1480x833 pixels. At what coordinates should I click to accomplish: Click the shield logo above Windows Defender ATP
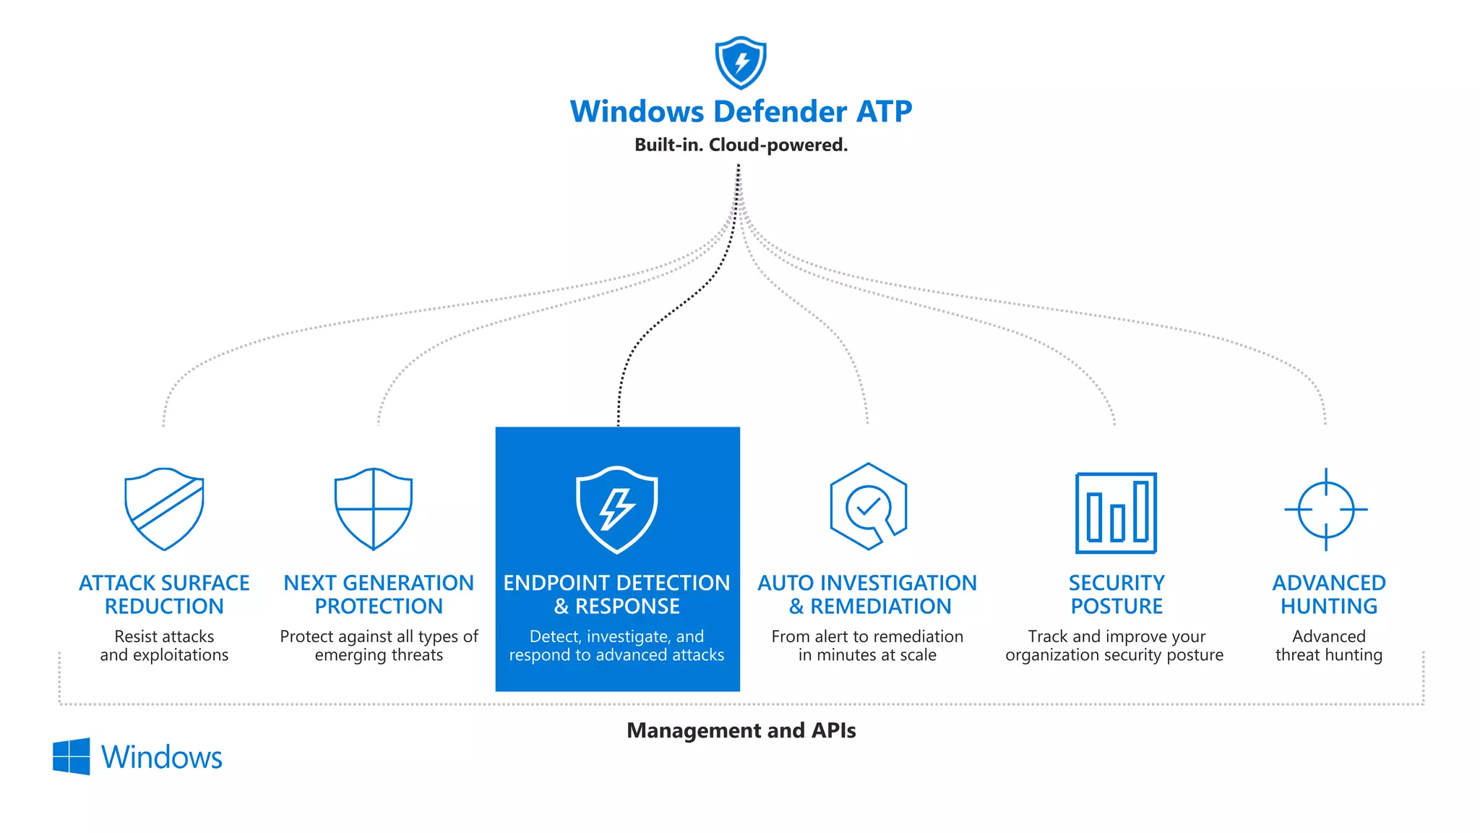[x=740, y=63]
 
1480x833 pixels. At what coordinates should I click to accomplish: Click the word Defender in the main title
[x=780, y=111]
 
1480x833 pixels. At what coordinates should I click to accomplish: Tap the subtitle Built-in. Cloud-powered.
[x=741, y=145]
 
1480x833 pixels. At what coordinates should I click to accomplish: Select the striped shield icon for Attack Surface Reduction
[x=164, y=509]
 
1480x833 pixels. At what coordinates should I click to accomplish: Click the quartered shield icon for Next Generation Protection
[x=374, y=509]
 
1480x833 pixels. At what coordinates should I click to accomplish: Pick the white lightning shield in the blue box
[x=616, y=510]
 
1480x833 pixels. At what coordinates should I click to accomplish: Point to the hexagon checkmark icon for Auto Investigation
[x=868, y=507]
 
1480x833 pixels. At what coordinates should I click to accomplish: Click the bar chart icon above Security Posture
[x=1116, y=513]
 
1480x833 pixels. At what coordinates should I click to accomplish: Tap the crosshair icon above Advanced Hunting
[x=1325, y=509]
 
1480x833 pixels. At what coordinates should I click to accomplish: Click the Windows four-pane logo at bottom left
[x=72, y=756]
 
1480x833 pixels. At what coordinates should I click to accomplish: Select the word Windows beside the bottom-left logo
[x=161, y=757]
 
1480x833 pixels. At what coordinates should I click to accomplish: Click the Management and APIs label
[x=741, y=730]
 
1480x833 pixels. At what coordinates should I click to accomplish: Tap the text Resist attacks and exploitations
[x=164, y=646]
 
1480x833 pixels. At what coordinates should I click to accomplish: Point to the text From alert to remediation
[x=867, y=636]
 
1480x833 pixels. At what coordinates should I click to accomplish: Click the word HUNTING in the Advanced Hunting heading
[x=1328, y=606]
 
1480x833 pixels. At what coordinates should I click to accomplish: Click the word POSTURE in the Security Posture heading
[x=1117, y=606]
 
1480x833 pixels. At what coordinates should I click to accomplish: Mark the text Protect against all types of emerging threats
[x=379, y=646]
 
